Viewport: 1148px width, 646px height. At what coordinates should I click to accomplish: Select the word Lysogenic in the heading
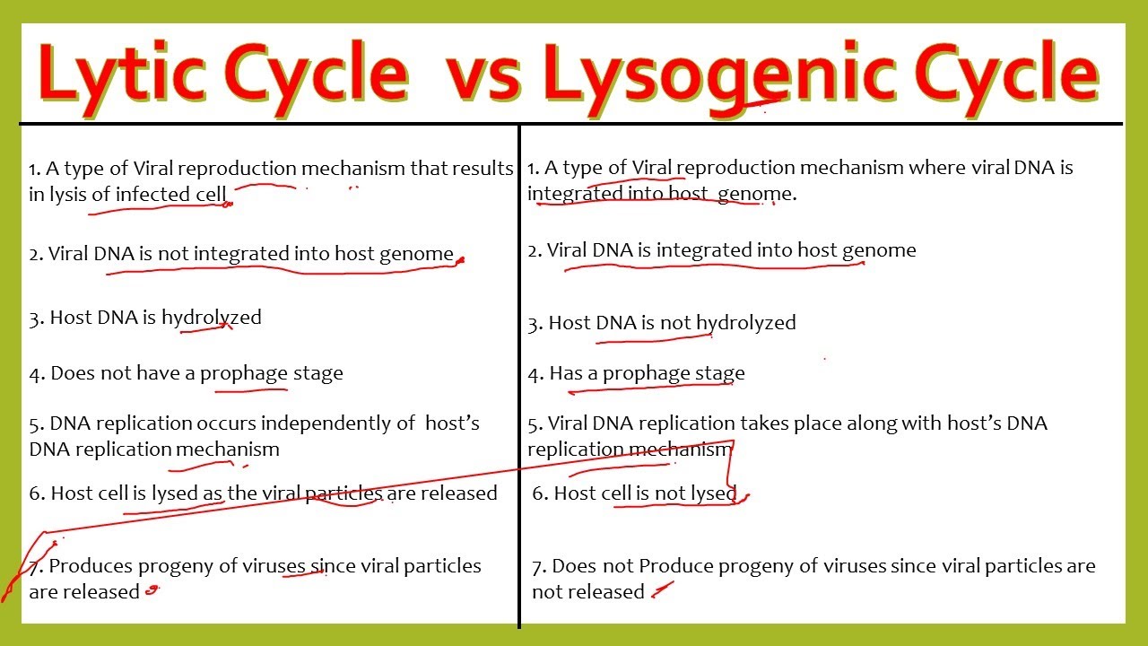tap(719, 77)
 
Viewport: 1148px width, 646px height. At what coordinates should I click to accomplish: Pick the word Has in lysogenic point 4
tap(566, 373)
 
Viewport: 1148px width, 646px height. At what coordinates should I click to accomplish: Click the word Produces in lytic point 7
tap(91, 566)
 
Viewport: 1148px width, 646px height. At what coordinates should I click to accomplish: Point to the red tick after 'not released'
tap(662, 589)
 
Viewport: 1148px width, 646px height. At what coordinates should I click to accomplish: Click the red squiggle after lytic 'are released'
tap(152, 590)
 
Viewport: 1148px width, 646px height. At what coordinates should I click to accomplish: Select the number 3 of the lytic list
tap(36, 319)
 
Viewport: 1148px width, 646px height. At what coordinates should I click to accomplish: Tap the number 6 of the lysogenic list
tap(539, 493)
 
